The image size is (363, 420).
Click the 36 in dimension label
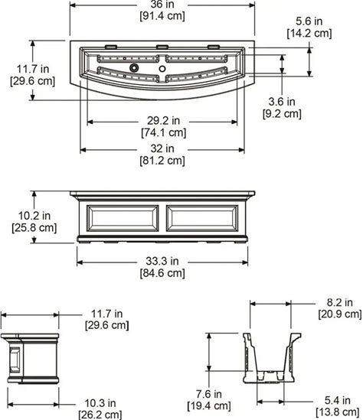point(162,4)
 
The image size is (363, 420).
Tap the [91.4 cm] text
point(162,16)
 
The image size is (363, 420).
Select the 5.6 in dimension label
point(309,21)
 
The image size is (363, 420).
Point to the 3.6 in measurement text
point(282,102)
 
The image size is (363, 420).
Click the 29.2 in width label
point(163,121)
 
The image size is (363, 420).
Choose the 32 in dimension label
point(162,148)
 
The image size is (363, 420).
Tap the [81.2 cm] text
point(162,161)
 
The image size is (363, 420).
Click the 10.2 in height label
point(34,216)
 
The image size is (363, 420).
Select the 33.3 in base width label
point(162,261)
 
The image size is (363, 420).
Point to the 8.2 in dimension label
point(340,302)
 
